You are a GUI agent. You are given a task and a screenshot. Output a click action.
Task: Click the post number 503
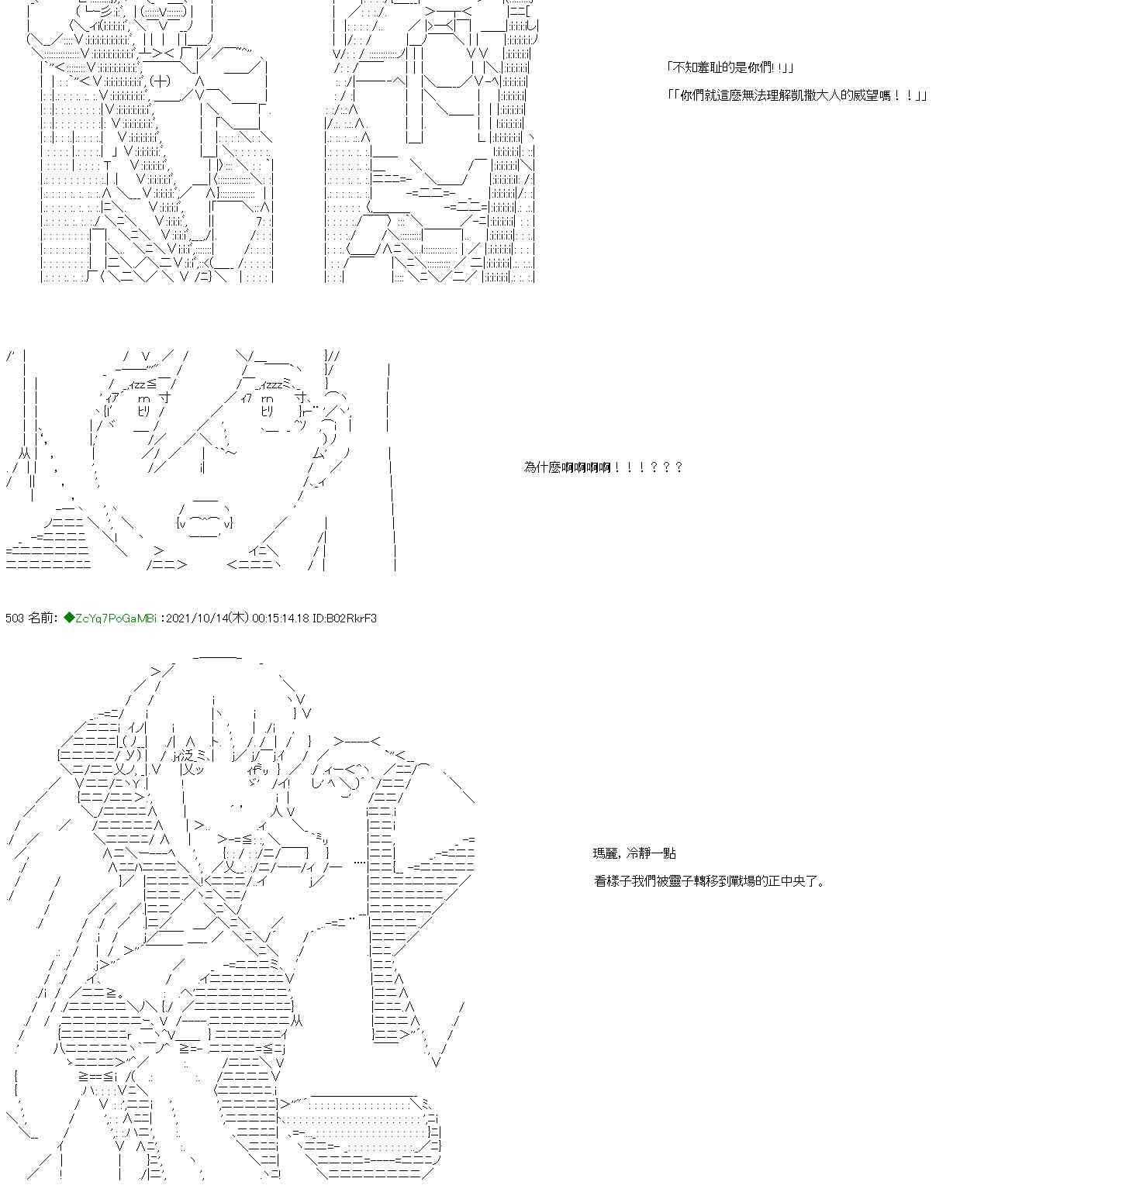[x=15, y=618]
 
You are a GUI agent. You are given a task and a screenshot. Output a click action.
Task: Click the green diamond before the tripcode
[x=69, y=618]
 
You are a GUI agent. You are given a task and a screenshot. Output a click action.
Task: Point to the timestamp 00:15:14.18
[x=281, y=618]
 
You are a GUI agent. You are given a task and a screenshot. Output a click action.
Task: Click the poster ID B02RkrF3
[x=350, y=618]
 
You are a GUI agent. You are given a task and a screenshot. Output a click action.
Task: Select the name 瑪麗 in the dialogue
[x=606, y=853]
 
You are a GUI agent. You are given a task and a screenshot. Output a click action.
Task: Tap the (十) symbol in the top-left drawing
[x=160, y=81]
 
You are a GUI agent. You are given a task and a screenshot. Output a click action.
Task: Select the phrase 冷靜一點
[x=651, y=853]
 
